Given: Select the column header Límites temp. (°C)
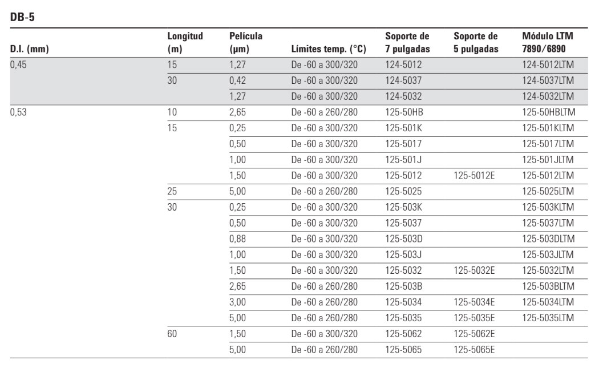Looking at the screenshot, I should click(328, 49).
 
